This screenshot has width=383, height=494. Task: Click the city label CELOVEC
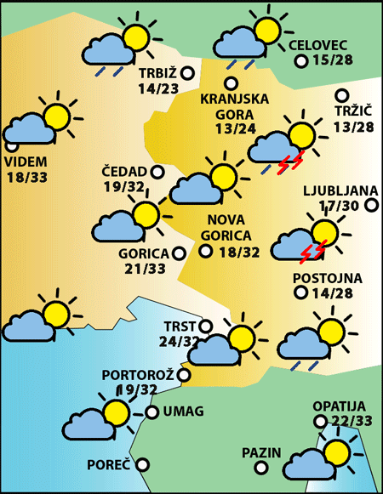319,45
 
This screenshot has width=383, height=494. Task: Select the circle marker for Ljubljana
371,205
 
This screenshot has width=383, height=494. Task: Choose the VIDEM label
26,162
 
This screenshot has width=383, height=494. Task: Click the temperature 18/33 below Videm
26,178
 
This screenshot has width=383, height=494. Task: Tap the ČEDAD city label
124,171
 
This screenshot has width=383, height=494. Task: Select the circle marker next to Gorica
179,253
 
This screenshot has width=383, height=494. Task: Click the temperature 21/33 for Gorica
145,269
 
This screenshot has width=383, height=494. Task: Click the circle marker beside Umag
152,412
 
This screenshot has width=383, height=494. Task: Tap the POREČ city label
108,465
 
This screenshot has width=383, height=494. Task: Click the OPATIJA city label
339,406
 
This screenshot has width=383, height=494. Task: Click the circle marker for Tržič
342,96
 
